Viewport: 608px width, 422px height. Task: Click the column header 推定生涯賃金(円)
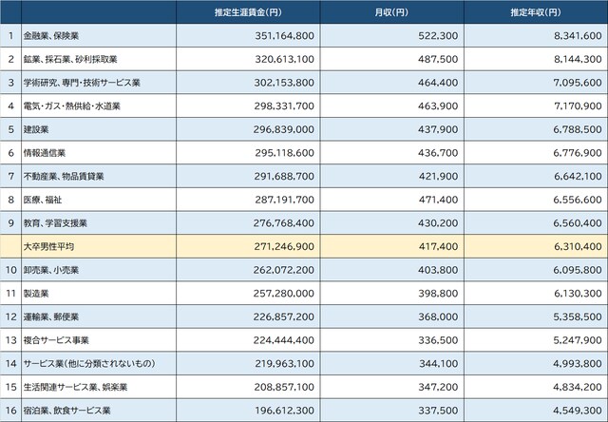click(x=247, y=12)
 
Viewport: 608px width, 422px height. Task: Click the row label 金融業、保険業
click(x=58, y=36)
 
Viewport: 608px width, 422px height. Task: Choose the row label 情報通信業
click(x=45, y=152)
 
